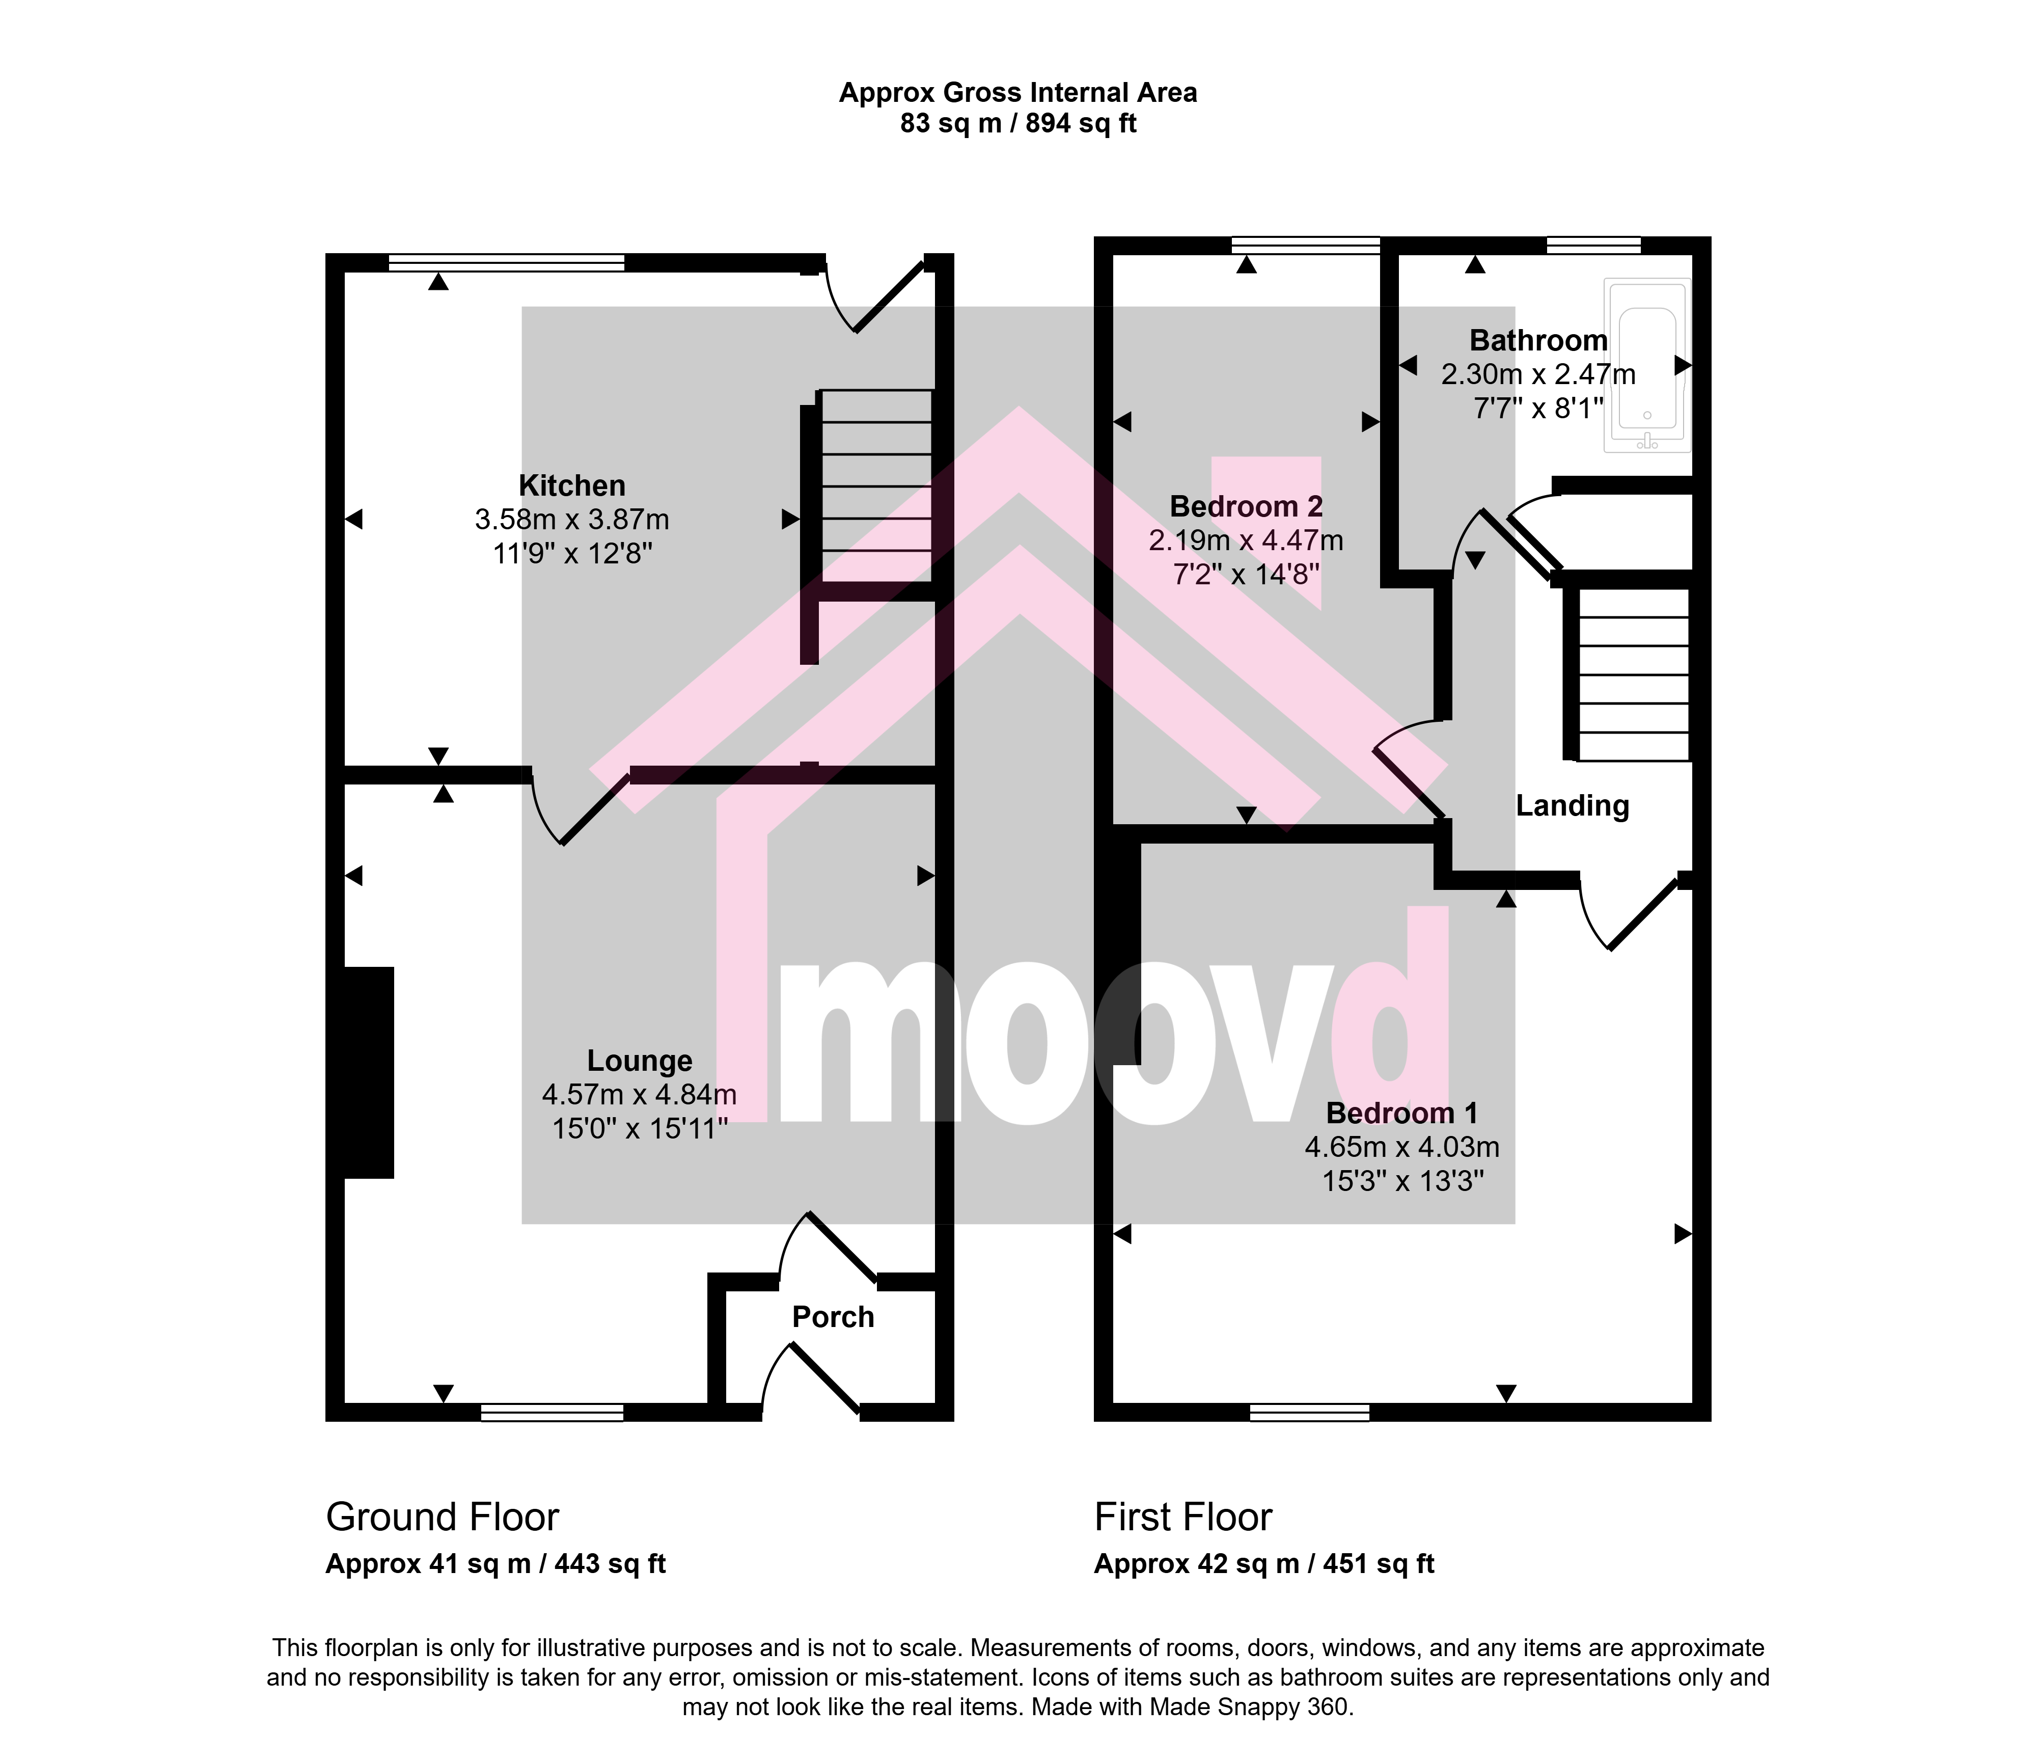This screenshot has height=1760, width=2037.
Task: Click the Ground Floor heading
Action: point(443,1517)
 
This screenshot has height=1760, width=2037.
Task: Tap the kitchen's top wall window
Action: point(506,262)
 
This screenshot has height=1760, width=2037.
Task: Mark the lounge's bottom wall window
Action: point(553,1413)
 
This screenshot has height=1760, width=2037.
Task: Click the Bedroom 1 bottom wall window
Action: point(1309,1413)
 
